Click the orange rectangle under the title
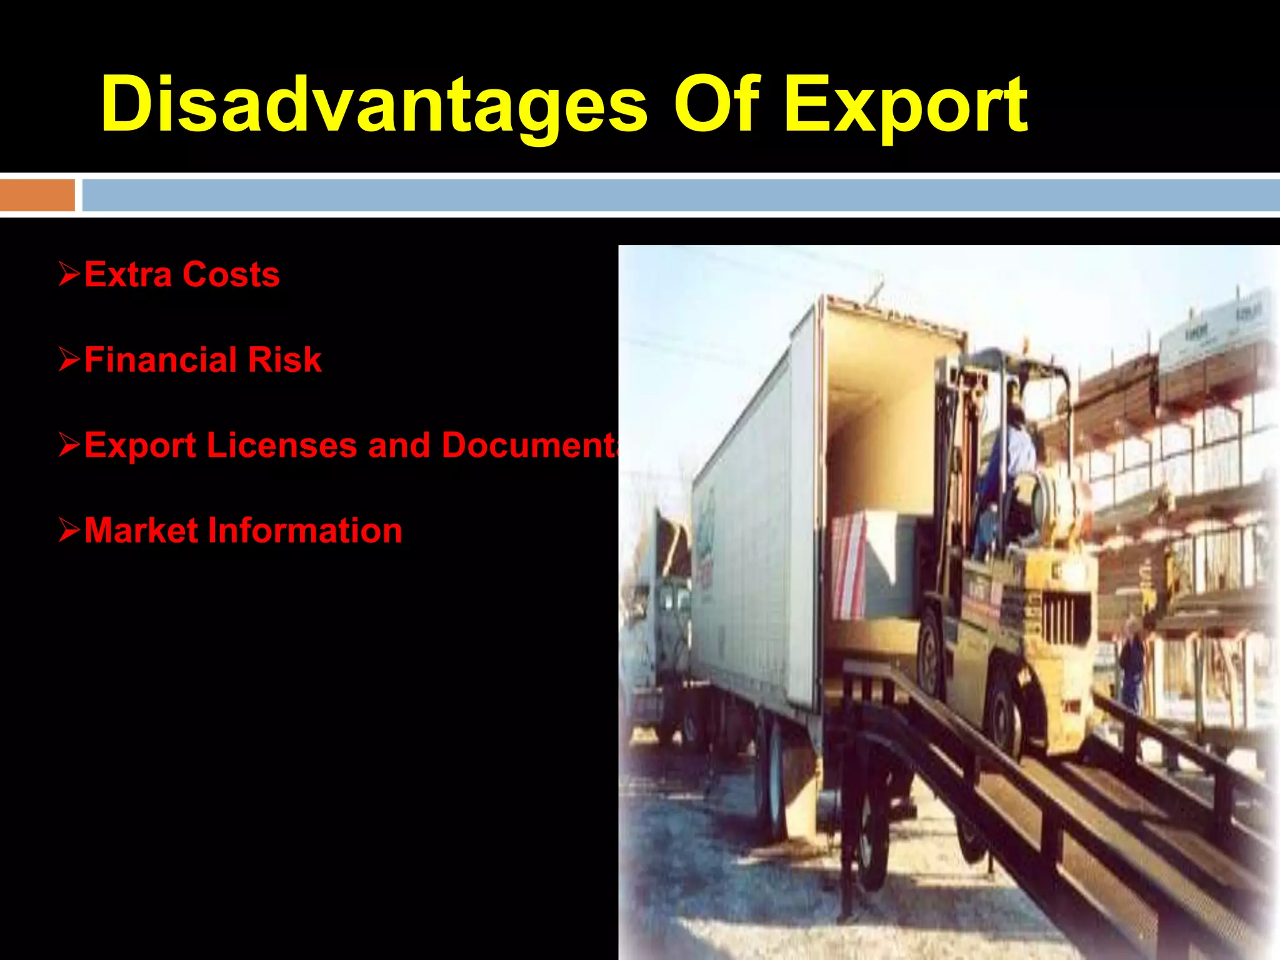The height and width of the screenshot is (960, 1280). pyautogui.click(x=37, y=195)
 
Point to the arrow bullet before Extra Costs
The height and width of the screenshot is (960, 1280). pyautogui.click(x=69, y=274)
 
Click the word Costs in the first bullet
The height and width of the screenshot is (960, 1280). pyautogui.click(x=231, y=274)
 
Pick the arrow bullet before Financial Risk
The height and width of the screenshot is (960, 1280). pyautogui.click(x=69, y=360)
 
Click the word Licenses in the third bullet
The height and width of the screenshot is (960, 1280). pyautogui.click(x=281, y=445)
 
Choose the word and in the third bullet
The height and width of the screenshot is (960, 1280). pyautogui.click(x=399, y=445)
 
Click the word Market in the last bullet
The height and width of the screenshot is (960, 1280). pyautogui.click(x=141, y=531)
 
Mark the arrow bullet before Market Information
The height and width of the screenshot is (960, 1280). pyautogui.click(x=69, y=531)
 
